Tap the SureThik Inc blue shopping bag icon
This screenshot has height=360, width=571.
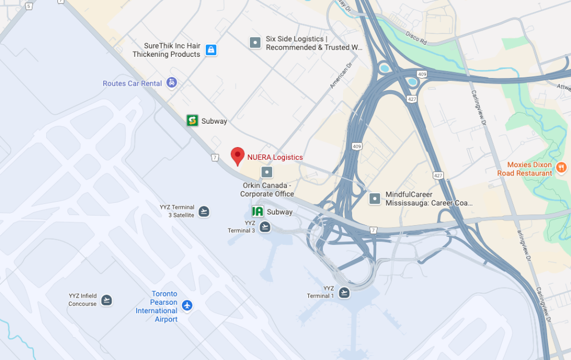pyautogui.click(x=211, y=50)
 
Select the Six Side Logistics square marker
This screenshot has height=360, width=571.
pyautogui.click(x=255, y=42)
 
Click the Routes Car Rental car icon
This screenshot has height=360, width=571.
pyautogui.click(x=172, y=83)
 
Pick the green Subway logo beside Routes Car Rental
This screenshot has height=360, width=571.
pyautogui.click(x=192, y=120)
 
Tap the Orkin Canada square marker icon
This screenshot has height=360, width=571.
pyautogui.click(x=267, y=172)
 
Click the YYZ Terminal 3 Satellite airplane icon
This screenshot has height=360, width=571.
pyautogui.click(x=204, y=211)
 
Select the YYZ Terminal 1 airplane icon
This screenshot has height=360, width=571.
pyautogui.click(x=344, y=292)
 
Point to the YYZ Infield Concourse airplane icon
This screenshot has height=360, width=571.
pyautogui.click(x=107, y=300)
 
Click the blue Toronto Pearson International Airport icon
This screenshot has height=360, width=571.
pyautogui.click(x=187, y=305)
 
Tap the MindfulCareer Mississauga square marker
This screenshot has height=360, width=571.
pyautogui.click(x=375, y=198)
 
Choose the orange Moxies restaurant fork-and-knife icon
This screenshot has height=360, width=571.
pyautogui.click(x=562, y=167)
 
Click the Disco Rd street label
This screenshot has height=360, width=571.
pyautogui.click(x=416, y=38)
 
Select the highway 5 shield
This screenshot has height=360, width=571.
pyautogui.click(x=28, y=6)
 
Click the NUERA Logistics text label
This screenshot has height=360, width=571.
pyautogui.click(x=275, y=157)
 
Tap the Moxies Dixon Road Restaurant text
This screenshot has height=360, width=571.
pyautogui.click(x=530, y=169)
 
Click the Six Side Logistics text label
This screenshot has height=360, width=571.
pyautogui.click(x=314, y=43)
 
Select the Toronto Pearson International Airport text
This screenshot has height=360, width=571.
pyautogui.click(x=157, y=307)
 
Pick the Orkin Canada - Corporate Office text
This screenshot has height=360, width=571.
pyautogui.click(x=267, y=189)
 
